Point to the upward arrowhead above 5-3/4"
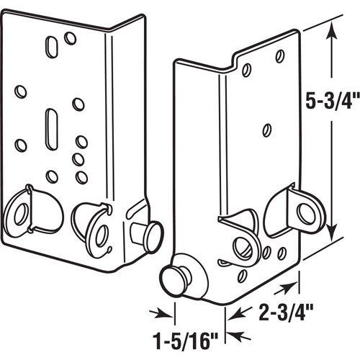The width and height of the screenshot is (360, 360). [x=331, y=29]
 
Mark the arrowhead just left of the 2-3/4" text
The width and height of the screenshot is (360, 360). [x=235, y=311]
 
